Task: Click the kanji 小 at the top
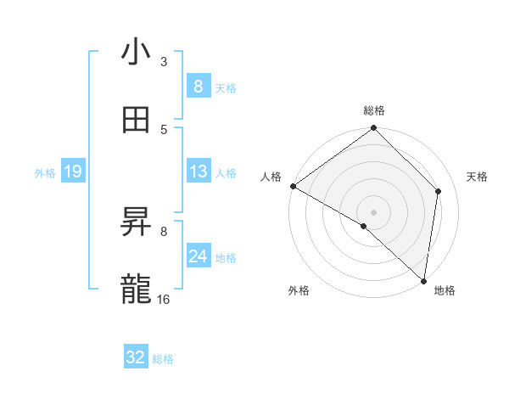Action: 137,52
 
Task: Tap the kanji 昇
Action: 137,222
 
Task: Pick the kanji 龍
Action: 137,289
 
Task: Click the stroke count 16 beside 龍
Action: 164,299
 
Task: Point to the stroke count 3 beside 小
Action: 164,62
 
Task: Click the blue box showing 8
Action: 198,86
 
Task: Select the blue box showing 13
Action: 198,171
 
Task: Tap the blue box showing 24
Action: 198,256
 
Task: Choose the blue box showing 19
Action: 73,171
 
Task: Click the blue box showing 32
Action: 136,357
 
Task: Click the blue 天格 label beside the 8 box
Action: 226,87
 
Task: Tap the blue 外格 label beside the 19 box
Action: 45,172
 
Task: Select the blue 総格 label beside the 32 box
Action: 164,359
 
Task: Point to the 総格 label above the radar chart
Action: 374,110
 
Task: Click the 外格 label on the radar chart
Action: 299,291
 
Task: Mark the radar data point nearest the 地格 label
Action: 423,280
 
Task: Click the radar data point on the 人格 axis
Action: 293,186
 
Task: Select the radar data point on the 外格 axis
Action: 364,226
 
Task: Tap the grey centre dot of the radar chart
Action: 373,211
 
